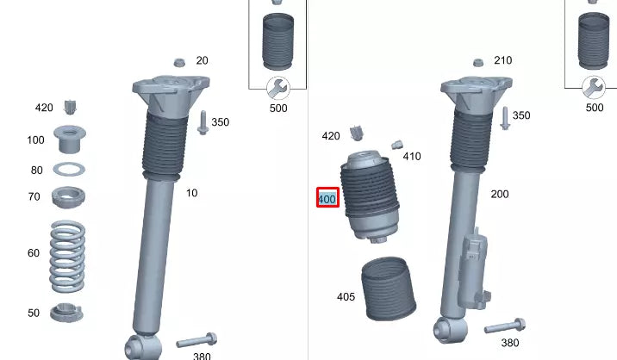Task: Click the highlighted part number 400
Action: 327,199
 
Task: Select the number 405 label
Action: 346,297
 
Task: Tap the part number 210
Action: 502,60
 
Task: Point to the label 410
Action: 412,157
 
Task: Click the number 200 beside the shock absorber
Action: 500,195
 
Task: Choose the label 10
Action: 191,193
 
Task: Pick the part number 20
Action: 202,60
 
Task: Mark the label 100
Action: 35,140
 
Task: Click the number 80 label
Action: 36,171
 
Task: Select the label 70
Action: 34,197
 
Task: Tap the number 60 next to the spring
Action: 34,253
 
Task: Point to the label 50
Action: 34,313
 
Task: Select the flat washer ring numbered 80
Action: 68,169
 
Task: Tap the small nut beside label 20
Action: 179,62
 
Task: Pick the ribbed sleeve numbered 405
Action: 387,289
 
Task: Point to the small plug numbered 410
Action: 397,146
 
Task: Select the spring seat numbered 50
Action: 66,312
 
